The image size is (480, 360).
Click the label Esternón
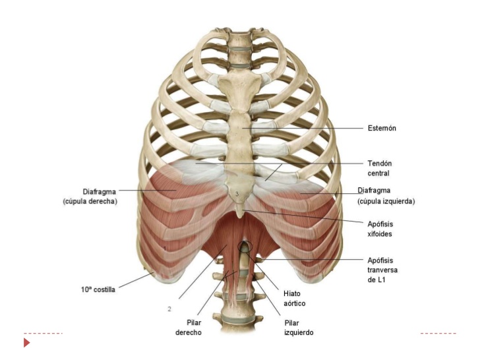tap(382, 128)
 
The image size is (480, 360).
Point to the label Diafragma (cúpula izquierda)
tap(386, 196)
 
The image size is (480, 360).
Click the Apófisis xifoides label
tap(381, 228)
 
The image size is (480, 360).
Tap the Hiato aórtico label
tap(294, 298)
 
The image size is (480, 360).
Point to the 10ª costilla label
tap(94, 289)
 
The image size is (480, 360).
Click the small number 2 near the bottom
tap(169, 308)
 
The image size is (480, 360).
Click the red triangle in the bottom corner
tap(27, 343)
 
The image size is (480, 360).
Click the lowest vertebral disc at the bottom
tap(239, 321)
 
